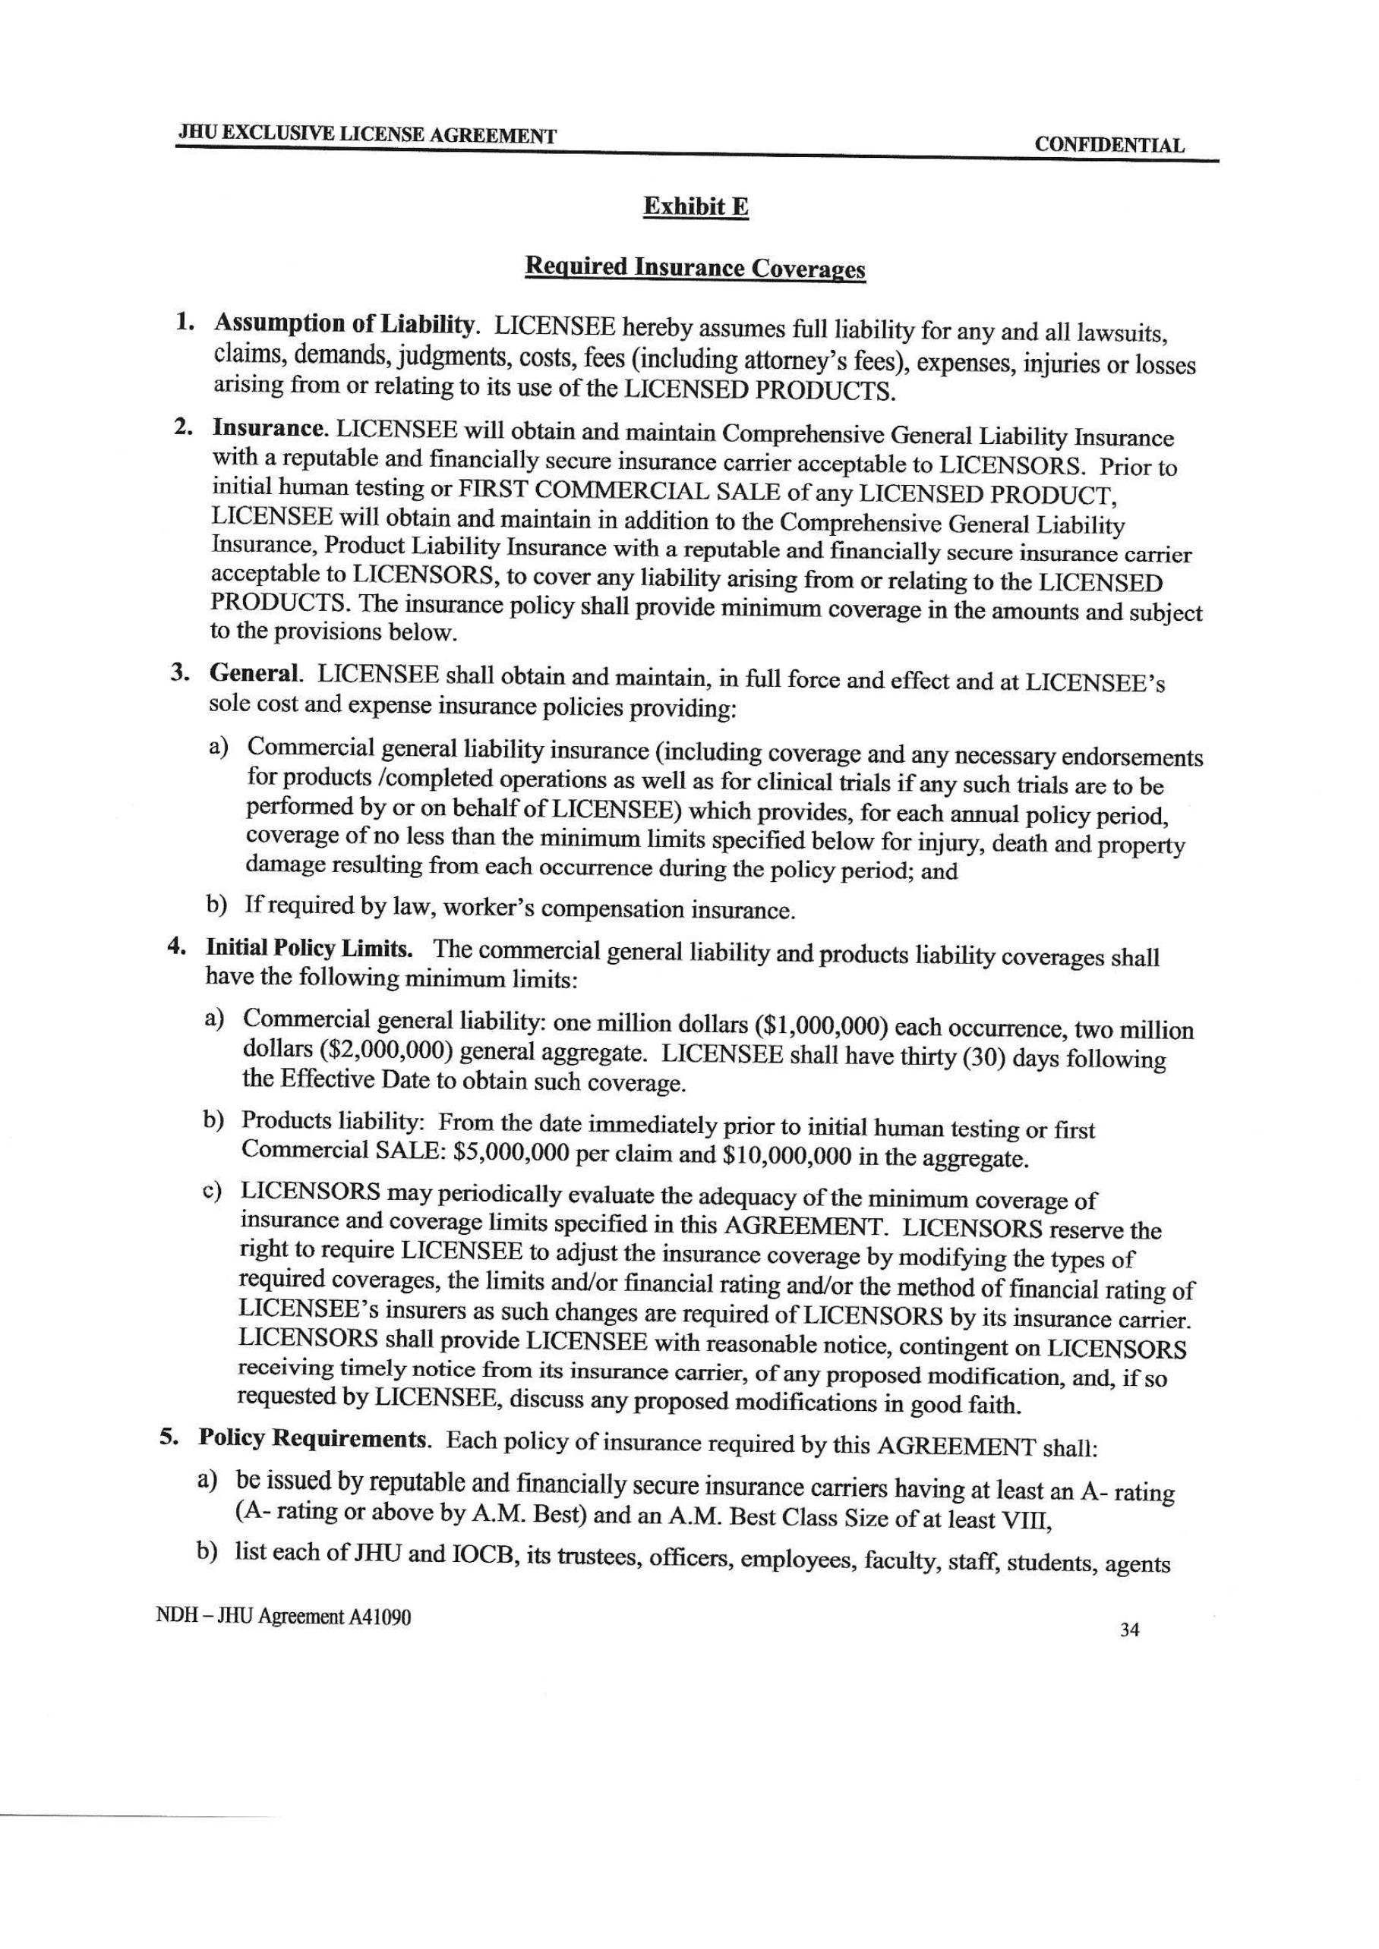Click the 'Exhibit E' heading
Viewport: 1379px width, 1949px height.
point(696,206)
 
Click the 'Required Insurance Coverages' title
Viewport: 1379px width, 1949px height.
point(695,268)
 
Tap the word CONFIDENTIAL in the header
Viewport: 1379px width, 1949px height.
point(1109,145)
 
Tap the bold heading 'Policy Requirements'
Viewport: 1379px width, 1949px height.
point(311,1438)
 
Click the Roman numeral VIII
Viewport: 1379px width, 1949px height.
point(1027,1521)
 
